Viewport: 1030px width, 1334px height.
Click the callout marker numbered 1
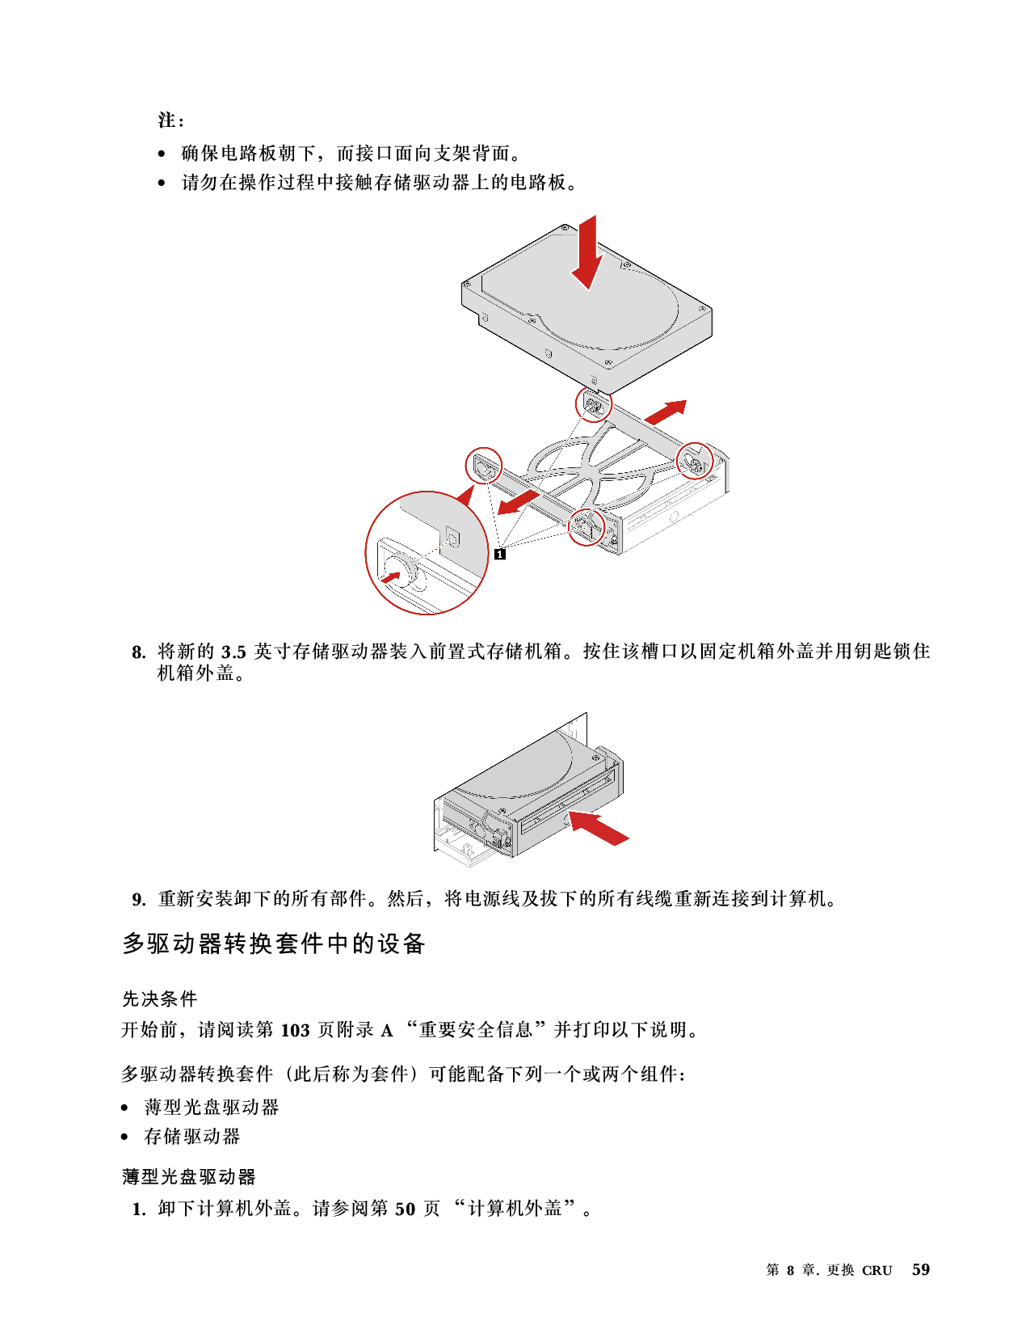[x=500, y=554]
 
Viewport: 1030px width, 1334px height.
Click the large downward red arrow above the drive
[x=587, y=252]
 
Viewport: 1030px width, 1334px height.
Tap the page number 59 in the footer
[x=920, y=1269]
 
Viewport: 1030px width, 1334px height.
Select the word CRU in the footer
[x=877, y=1271]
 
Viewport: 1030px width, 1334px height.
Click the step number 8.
[x=139, y=652]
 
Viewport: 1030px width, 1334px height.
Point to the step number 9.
[x=139, y=900]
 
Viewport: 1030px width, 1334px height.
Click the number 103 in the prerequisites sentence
[x=295, y=1030]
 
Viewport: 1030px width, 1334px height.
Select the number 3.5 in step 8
[x=233, y=652]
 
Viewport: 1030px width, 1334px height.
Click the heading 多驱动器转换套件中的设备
[x=274, y=944]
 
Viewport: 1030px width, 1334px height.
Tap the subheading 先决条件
[x=159, y=998]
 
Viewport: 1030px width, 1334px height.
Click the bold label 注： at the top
[x=171, y=120]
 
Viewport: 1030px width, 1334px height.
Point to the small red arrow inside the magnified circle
[x=390, y=577]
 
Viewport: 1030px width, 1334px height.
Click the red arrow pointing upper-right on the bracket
[x=665, y=412]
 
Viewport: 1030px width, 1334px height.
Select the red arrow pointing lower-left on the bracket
[x=519, y=502]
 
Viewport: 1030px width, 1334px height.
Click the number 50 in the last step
[x=405, y=1209]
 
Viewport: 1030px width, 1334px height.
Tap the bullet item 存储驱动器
[x=191, y=1136]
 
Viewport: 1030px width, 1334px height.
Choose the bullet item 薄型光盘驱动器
[x=211, y=1107]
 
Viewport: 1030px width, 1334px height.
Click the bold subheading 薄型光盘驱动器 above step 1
[x=189, y=1177]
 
